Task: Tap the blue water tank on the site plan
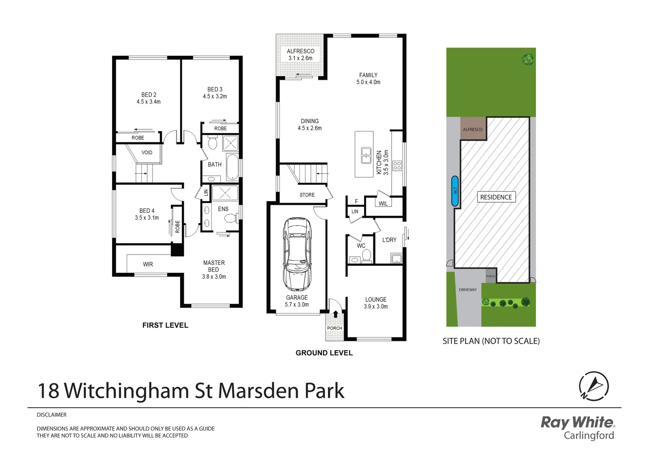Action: click(455, 191)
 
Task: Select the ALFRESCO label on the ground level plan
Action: click(300, 51)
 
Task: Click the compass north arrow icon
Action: click(594, 386)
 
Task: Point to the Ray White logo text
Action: click(577, 422)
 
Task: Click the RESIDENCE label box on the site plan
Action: click(496, 197)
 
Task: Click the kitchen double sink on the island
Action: click(366, 156)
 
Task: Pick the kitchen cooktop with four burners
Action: click(397, 166)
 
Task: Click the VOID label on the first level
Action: click(147, 153)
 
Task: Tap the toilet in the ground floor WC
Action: click(366, 256)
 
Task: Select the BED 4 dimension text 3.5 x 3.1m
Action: click(147, 218)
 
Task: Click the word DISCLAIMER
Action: click(51, 415)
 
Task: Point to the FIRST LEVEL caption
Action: click(165, 325)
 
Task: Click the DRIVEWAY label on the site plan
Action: click(468, 290)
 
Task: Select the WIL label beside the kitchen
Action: click(383, 204)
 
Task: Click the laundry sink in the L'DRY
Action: click(396, 258)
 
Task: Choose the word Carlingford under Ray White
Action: click(589, 435)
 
